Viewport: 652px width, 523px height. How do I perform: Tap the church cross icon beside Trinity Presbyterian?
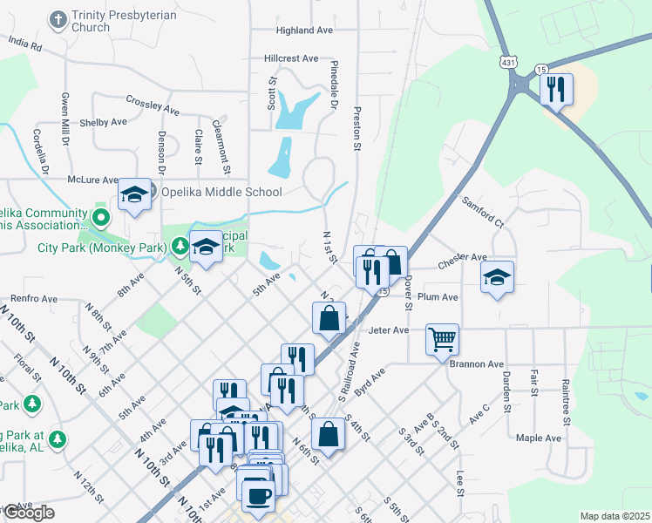(x=58, y=19)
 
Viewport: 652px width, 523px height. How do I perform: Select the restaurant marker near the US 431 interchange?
(x=556, y=89)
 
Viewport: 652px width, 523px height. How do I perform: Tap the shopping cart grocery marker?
(x=442, y=339)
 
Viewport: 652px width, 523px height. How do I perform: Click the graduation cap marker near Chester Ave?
(x=497, y=277)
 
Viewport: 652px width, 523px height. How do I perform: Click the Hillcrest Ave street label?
(x=291, y=58)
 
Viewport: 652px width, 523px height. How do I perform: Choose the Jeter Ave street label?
(x=389, y=330)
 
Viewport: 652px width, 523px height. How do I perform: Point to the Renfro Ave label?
(x=34, y=298)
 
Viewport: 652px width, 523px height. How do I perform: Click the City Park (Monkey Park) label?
(x=103, y=247)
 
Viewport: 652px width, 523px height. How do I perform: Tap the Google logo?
(x=29, y=513)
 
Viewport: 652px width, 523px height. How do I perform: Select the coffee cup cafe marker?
(x=257, y=496)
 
